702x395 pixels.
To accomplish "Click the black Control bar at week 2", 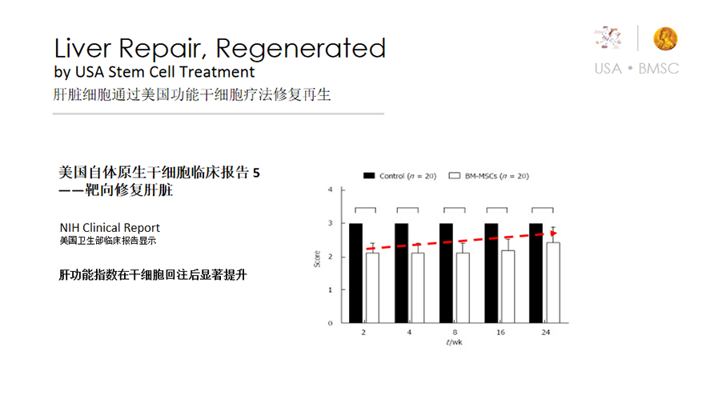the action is click(x=356, y=273).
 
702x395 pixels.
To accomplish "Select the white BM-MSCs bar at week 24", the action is click(x=553, y=283).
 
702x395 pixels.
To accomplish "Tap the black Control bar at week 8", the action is click(x=446, y=273).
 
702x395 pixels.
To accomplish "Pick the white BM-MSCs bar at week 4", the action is click(x=418, y=288).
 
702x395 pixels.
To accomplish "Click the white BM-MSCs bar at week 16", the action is click(x=507, y=287).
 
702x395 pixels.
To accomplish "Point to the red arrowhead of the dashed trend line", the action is click(x=554, y=233).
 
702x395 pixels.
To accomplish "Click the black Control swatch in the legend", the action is click(x=369, y=176).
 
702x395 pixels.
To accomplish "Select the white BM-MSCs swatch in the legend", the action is click(x=455, y=176).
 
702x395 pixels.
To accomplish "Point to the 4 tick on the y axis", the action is click(x=331, y=190).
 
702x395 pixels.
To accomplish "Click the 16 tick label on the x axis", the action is click(x=500, y=333).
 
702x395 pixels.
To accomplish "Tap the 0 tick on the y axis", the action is click(x=331, y=323).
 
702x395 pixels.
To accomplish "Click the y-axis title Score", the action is click(x=317, y=259).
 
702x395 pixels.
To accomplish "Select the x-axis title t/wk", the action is click(x=454, y=342).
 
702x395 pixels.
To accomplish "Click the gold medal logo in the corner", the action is click(x=665, y=38).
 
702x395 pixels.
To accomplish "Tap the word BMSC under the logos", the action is click(x=659, y=69).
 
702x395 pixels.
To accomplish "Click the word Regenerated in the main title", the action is click(x=300, y=49).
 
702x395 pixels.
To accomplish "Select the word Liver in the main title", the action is click(x=82, y=48).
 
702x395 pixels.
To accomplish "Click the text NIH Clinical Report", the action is click(x=110, y=228).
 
